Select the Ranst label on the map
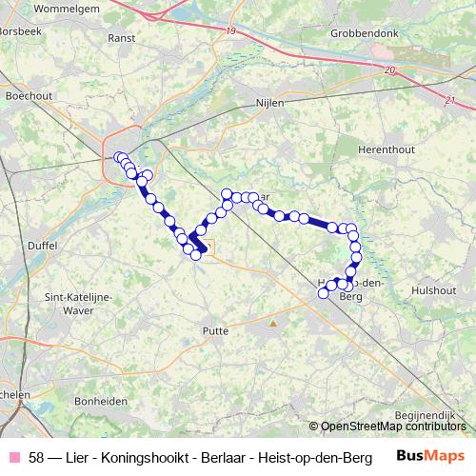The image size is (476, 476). pyautogui.click(x=121, y=38)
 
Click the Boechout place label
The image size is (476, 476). pyautogui.click(x=27, y=96)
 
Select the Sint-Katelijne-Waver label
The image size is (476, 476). pyautogui.click(x=80, y=303)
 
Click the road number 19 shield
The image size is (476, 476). pyautogui.click(x=232, y=31)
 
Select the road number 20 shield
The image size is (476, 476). pyautogui.click(x=390, y=70)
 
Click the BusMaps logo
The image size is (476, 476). pyautogui.click(x=429, y=456)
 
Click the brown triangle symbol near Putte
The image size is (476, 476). pyautogui.click(x=273, y=324)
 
